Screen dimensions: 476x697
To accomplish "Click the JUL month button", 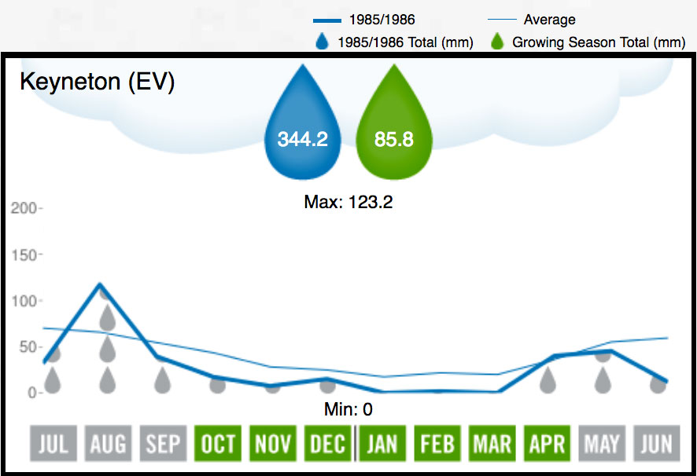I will tap(53, 444).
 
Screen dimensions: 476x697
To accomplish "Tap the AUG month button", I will tap(108, 444).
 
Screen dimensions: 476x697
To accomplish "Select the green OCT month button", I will tap(217, 444).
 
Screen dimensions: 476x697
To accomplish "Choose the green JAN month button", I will tap(382, 444).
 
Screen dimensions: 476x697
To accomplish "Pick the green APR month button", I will tap(547, 444).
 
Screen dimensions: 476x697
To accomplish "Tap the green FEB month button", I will tap(437, 444).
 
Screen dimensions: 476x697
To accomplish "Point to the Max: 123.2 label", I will tap(348, 202).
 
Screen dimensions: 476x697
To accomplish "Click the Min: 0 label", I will tap(348, 409).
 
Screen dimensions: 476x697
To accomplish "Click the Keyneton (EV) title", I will tap(96, 82).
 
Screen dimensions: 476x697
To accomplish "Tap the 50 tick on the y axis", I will tap(27, 347).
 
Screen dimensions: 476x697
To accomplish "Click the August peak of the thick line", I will tap(100, 284).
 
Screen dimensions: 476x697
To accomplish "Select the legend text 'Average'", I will tap(549, 20).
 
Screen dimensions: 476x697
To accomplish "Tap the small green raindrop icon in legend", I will tap(496, 42).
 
